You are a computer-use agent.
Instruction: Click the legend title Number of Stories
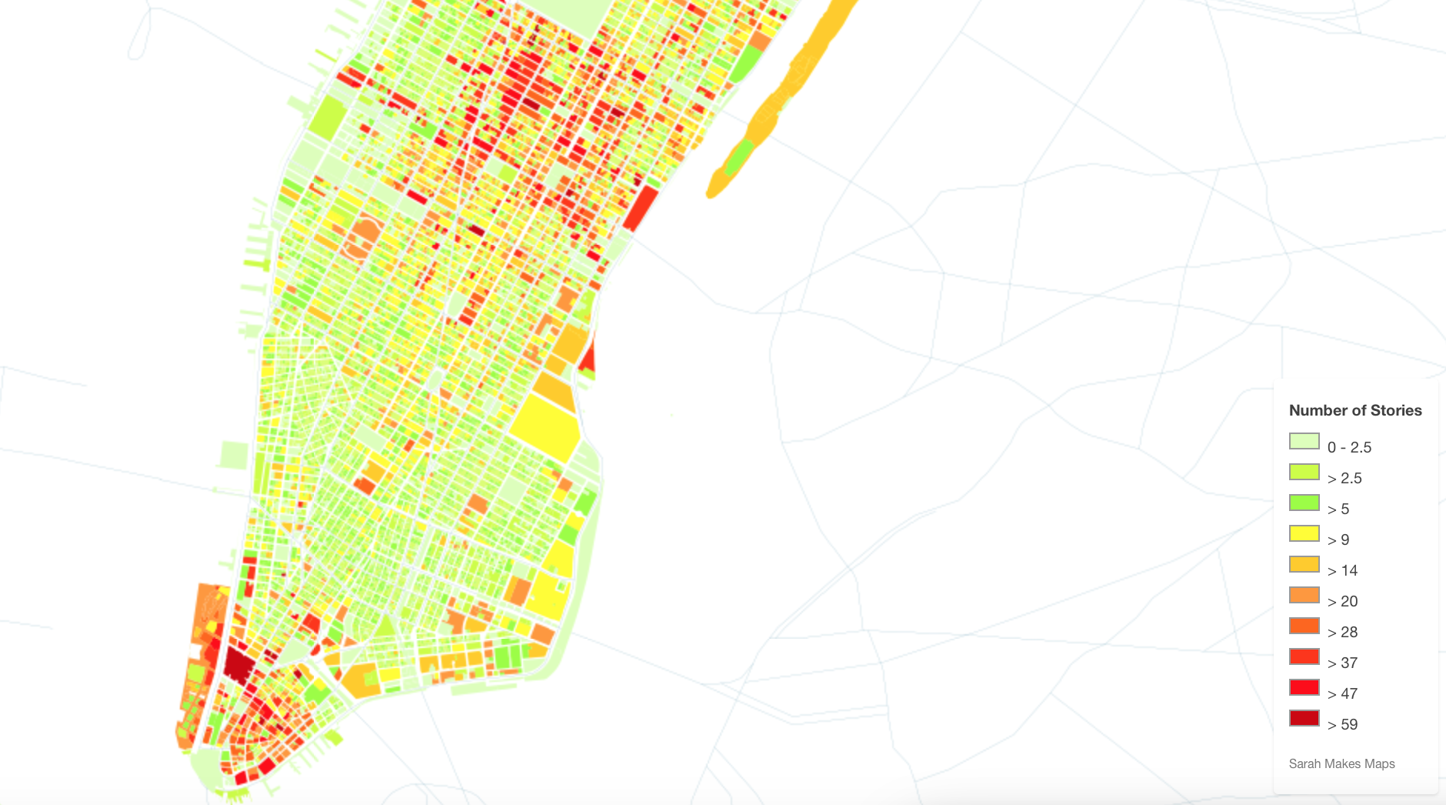tap(1355, 410)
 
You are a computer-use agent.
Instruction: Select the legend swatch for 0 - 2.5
tap(1304, 442)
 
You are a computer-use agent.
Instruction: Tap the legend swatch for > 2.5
tap(1304, 473)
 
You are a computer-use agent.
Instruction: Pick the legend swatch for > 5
tap(1304, 503)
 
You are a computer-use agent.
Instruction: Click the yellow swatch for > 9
tap(1304, 534)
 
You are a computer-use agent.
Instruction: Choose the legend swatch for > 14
tap(1304, 565)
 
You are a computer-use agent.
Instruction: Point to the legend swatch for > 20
tap(1304, 596)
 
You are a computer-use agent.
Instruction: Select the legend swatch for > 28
tap(1304, 626)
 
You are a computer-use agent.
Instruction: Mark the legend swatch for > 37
tap(1304, 657)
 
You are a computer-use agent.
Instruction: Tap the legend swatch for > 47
tap(1304, 688)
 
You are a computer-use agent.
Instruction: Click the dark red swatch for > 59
tap(1304, 719)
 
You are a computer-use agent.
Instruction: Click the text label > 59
tap(1342, 724)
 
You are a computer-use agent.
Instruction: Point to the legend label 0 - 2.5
tap(1349, 447)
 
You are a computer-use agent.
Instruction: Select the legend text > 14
tap(1342, 570)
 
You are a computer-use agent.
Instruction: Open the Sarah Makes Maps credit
tap(1341, 763)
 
